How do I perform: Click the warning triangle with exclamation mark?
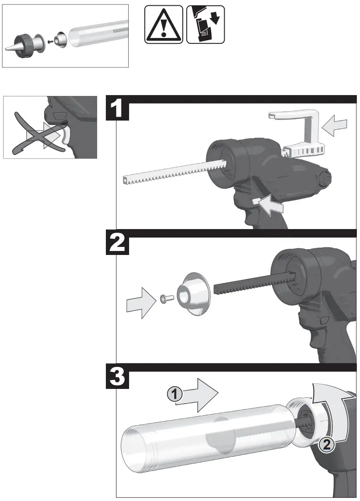(x=164, y=25)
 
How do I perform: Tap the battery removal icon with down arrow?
(x=205, y=25)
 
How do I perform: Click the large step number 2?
(x=118, y=244)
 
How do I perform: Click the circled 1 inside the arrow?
(x=174, y=394)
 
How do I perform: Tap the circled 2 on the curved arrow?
(x=326, y=444)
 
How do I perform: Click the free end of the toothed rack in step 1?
(x=126, y=180)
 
